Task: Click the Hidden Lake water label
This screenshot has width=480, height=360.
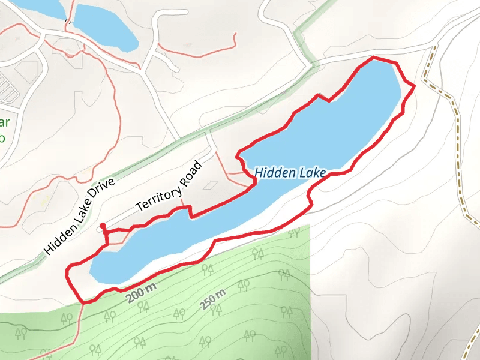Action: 290,173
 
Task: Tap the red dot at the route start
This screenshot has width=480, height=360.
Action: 103,226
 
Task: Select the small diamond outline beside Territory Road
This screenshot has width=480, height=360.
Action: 209,185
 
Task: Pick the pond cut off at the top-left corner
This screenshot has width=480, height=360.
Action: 36,7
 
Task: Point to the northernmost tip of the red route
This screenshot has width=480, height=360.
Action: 373,58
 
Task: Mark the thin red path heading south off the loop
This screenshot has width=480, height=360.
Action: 76,330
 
